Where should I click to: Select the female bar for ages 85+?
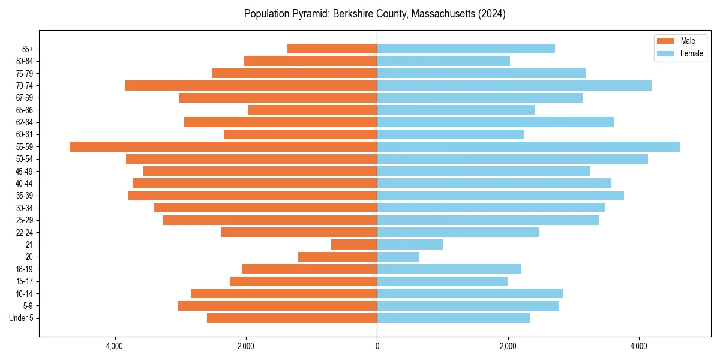[466, 49]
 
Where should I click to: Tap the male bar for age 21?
[354, 245]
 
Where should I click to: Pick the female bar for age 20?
[398, 257]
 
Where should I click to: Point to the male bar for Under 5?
[292, 318]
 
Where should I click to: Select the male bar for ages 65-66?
[313, 110]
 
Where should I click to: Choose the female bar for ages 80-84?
[443, 61]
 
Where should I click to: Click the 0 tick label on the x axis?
[377, 346]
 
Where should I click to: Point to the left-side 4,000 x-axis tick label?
[115, 346]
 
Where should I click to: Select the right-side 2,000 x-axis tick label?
[508, 346]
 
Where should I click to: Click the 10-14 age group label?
[25, 294]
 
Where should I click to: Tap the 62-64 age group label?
[25, 122]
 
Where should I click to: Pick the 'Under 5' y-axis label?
[21, 318]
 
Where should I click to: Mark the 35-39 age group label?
[25, 196]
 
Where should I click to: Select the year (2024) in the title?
[491, 14]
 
